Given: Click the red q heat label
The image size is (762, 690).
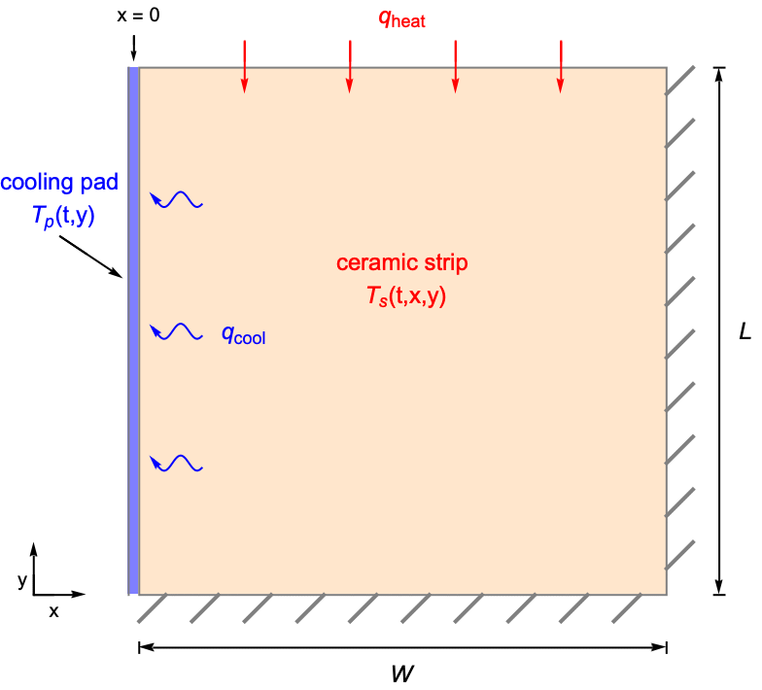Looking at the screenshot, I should tap(401, 19).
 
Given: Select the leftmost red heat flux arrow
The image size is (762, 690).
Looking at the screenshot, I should tap(244, 67).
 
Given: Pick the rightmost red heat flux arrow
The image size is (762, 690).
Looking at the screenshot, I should tap(560, 67).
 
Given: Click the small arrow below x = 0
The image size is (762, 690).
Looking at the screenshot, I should tap(134, 48).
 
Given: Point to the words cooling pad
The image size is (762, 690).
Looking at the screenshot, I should tap(59, 182).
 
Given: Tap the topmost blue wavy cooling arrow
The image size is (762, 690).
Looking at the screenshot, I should tap(176, 199).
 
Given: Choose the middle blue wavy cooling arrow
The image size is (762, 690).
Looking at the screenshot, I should tap(176, 332).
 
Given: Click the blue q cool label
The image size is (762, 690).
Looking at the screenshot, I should tap(243, 335).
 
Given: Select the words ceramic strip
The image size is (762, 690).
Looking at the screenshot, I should tap(401, 262).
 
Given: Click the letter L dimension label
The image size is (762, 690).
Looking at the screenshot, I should tap(745, 331).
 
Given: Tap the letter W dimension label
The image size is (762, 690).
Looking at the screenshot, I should tap(401, 673).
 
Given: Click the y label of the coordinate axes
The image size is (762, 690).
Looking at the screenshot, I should tap(22, 580).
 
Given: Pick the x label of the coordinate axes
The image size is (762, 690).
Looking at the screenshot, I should tap(54, 611).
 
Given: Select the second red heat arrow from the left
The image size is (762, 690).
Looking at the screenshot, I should tap(349, 67).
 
